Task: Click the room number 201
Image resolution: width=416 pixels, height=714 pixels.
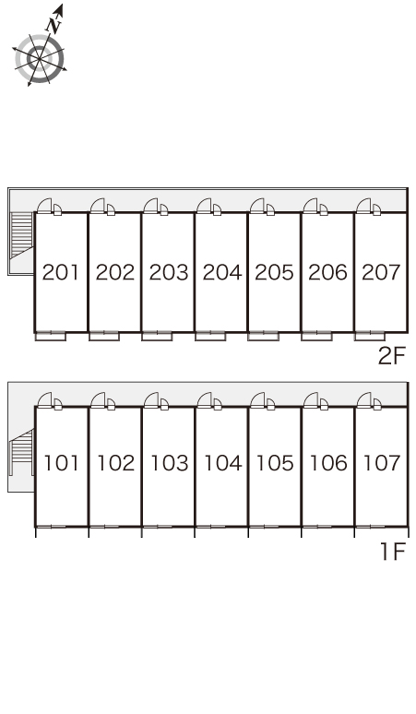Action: [61, 272]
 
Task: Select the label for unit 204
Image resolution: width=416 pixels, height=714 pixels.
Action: [221, 272]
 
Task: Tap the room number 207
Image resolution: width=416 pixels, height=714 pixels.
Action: [381, 272]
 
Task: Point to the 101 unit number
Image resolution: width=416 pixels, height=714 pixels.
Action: [61, 463]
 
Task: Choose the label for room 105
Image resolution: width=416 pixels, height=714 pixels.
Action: [275, 463]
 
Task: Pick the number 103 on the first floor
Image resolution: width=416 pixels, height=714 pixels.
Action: [169, 463]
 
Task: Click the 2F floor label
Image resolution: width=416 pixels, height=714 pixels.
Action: [391, 356]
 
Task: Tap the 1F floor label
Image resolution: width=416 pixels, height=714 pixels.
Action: [393, 552]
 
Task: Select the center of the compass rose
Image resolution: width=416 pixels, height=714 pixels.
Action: [40, 59]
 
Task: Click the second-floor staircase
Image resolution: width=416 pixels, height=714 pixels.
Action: [22, 235]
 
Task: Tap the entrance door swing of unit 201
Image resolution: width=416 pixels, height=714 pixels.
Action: [44, 206]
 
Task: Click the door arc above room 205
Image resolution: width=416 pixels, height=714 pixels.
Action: [257, 206]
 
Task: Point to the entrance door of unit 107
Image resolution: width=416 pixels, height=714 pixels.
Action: [364, 399]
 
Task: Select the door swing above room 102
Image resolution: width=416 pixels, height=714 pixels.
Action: [99, 399]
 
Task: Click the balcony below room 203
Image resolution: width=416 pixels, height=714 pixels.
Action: [157, 336]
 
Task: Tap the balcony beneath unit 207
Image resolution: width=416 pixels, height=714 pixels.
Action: [370, 336]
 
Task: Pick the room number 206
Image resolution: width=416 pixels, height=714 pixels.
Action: [327, 272]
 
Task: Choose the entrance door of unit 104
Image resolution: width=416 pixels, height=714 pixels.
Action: [205, 399]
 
